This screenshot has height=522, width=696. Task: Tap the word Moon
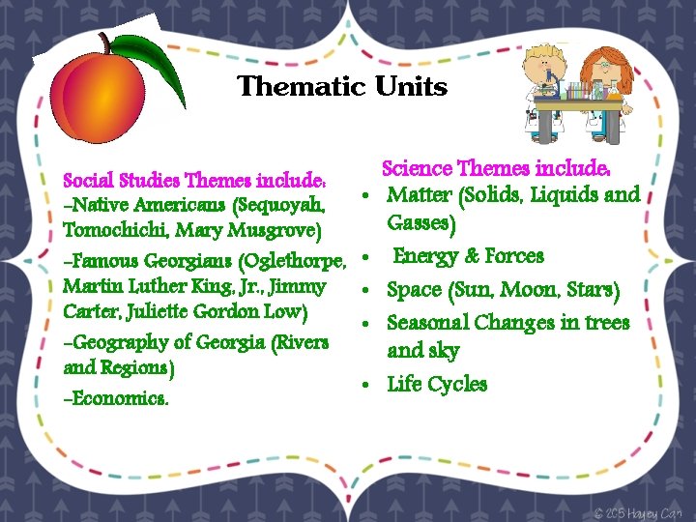[530, 290]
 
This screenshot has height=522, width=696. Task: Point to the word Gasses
[421, 223]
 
